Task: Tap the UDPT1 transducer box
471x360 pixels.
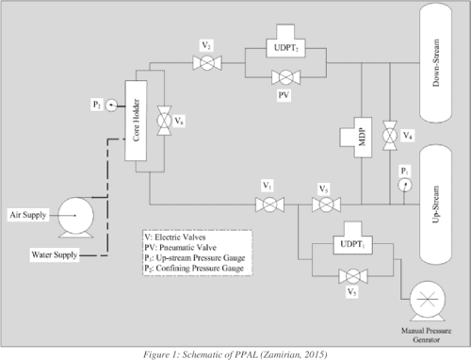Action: [x=353, y=248]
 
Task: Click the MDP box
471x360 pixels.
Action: [x=355, y=135]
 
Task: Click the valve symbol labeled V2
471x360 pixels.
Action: [x=206, y=63]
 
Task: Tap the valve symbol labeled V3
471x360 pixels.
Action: [x=323, y=204]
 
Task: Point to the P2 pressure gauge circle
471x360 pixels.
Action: [x=111, y=105]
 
